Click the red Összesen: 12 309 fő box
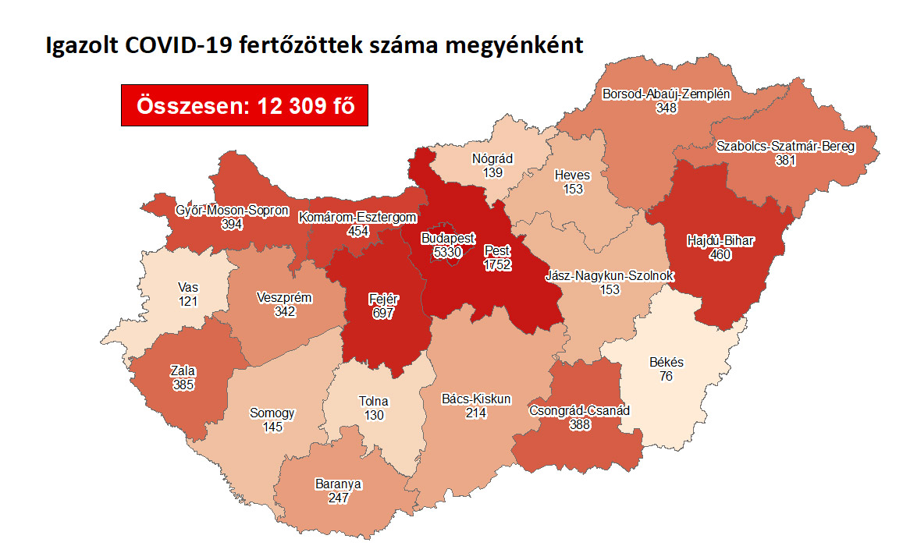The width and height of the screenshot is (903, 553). click(244, 105)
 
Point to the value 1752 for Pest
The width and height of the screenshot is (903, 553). click(497, 264)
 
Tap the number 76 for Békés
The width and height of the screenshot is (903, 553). click(666, 377)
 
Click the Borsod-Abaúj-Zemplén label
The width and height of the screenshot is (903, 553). click(666, 94)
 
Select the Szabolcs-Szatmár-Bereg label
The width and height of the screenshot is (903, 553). click(785, 146)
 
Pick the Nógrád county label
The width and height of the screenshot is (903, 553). click(492, 158)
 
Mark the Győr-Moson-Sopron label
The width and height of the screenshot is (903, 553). click(232, 211)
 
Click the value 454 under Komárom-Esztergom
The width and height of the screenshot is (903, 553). click(359, 232)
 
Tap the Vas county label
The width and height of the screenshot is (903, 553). click(187, 288)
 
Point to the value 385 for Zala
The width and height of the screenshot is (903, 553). click(184, 385)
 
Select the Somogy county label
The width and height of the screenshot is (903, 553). click(272, 413)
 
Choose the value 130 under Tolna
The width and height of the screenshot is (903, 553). click(374, 415)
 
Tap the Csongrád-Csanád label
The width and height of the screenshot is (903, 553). click(579, 410)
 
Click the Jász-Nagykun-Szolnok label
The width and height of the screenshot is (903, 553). click(610, 276)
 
